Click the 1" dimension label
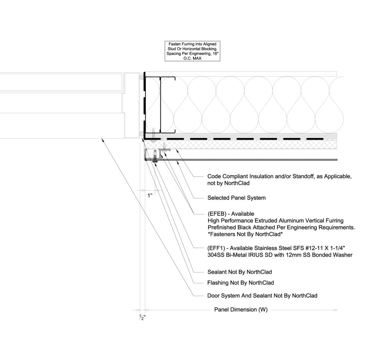coord(150,195)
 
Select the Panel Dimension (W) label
coord(241,309)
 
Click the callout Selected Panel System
coord(236,198)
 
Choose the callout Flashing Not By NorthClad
coord(240,283)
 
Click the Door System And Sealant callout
coord(262,296)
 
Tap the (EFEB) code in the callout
coord(216,214)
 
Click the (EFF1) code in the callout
coord(216,248)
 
